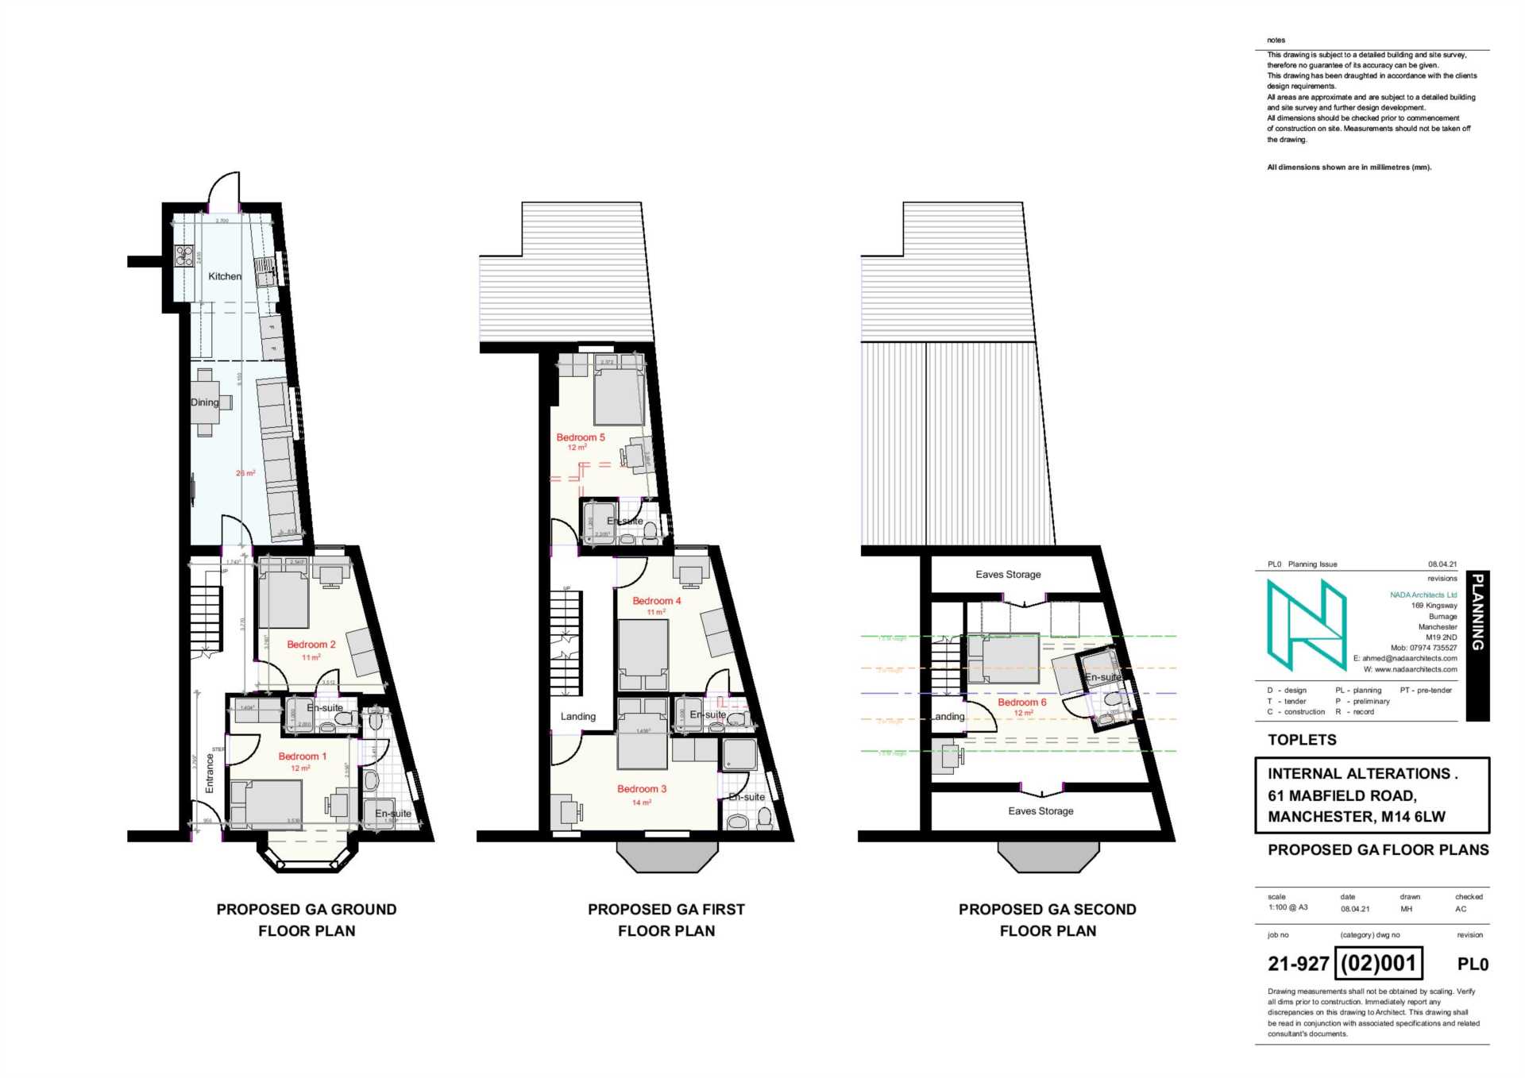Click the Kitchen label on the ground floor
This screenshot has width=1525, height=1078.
point(224,276)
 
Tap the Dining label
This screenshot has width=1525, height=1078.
point(204,402)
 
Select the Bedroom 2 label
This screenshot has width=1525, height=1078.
point(311,645)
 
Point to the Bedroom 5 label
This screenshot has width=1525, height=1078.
point(580,437)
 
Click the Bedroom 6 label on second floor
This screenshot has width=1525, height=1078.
point(1021,703)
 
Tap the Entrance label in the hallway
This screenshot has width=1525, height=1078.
point(210,772)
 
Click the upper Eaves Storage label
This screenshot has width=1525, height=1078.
point(1008,575)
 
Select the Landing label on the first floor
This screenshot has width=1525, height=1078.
point(577,717)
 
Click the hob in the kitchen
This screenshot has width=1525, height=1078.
point(184,256)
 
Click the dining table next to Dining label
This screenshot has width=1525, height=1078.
point(206,403)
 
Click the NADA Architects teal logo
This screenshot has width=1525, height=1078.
point(1306,625)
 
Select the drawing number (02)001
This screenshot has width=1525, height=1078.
point(1378,964)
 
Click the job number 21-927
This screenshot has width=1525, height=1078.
point(1298,964)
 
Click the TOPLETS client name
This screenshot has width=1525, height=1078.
point(1302,740)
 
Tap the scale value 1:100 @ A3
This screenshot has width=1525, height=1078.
point(1288,907)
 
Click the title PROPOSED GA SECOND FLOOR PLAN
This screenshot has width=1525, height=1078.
point(1047,920)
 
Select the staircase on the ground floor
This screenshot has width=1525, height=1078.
point(205,619)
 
